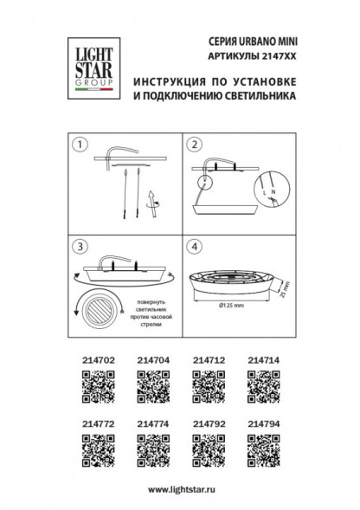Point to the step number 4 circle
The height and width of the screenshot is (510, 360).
(195, 246)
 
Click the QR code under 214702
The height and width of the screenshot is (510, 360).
(98, 381)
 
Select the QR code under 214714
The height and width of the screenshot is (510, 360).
(262, 381)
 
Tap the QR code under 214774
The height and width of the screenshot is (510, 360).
(152, 449)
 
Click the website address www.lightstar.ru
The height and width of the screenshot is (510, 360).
(179, 489)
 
